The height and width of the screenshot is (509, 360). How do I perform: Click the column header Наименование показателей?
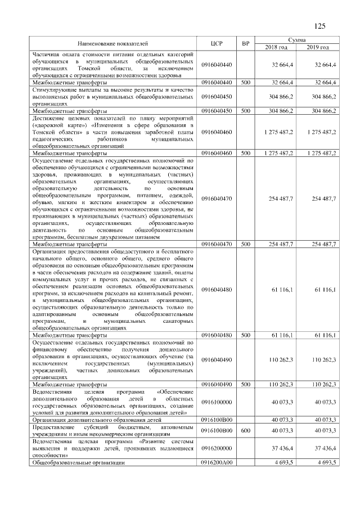pos(114,43)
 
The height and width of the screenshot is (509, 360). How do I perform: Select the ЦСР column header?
pos(217,43)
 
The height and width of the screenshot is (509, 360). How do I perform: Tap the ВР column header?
pos(245,43)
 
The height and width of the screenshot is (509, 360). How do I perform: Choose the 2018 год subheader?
pos(276,47)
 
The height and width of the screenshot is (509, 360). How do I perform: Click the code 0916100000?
pos(217,402)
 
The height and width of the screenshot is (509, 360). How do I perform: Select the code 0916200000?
pos(217,448)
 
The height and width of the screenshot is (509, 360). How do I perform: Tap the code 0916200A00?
pos(217,462)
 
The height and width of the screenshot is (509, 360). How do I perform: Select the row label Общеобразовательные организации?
pos(78,462)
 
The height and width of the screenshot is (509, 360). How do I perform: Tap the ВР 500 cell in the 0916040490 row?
pos(245,384)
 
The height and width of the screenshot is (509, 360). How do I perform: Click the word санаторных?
pos(175,321)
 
